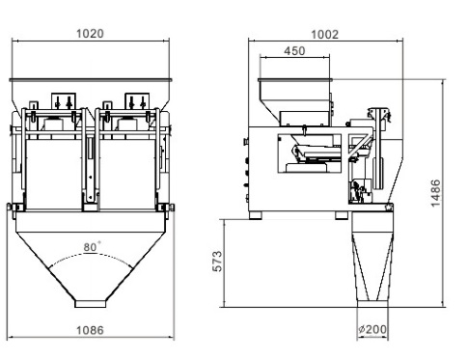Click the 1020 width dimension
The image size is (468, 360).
(90, 34)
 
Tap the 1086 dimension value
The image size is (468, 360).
(90, 330)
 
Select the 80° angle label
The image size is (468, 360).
(92, 247)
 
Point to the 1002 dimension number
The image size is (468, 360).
(325, 35)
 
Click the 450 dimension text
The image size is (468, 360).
(294, 51)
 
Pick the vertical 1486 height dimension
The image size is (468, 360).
(435, 193)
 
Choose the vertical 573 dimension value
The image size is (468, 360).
(218, 261)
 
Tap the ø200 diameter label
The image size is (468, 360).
(372, 329)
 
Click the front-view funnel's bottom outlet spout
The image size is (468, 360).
(91, 304)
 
